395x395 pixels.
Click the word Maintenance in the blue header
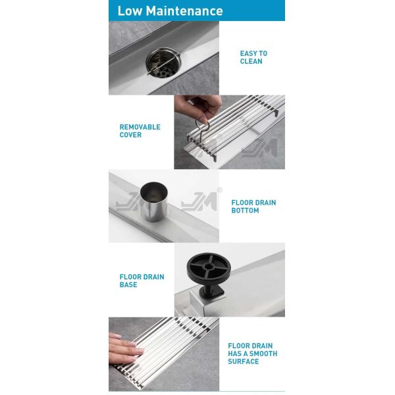point(184,11)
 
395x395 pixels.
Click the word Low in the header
point(130,11)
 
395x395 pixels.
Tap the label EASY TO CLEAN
point(253,57)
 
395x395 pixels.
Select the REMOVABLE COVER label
point(140,131)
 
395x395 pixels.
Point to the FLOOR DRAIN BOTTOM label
point(253,206)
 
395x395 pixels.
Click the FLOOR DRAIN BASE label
point(142,280)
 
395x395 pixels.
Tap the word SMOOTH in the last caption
point(263,354)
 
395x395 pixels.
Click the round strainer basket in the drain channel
point(163,63)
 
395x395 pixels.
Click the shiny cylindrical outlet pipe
point(153,201)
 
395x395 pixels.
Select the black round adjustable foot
point(209,268)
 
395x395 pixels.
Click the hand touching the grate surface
point(125,348)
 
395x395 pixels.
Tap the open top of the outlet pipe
point(153,192)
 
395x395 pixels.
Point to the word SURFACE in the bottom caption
point(244,361)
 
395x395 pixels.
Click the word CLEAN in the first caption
point(251,61)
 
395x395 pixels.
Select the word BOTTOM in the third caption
point(245,211)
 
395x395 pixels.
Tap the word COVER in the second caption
point(130,135)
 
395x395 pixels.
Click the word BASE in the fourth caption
point(128,284)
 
